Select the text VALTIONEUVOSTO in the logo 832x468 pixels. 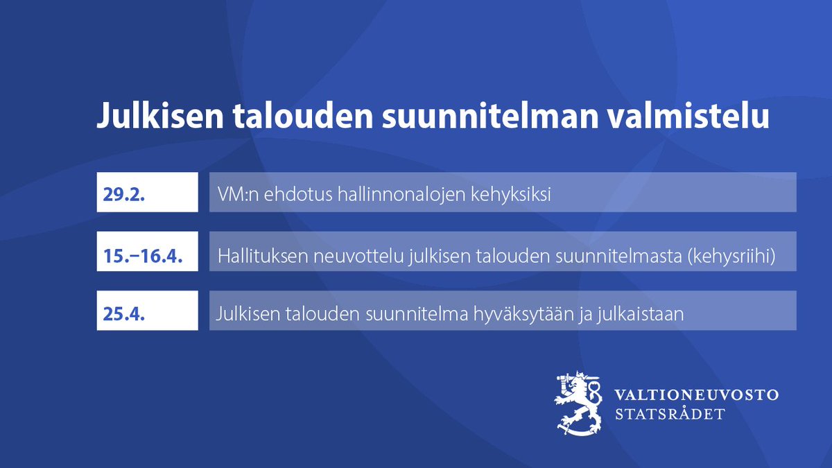point(697,395)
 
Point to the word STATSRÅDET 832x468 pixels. point(670,414)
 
